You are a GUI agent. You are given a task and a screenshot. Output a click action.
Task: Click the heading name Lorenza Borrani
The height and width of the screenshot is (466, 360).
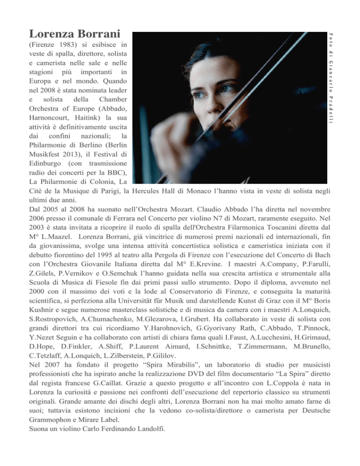pos(75,34)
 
